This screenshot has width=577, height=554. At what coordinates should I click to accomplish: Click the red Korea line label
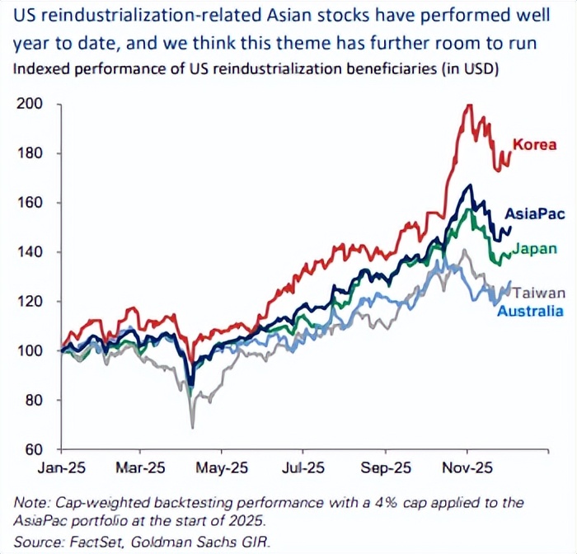click(534, 145)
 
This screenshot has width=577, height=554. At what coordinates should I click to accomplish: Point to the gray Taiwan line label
click(542, 293)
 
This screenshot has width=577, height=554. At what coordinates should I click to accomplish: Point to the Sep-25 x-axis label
click(385, 467)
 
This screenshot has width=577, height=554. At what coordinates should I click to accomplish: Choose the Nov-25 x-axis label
click(467, 467)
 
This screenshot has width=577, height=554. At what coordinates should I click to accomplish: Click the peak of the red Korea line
click(469, 105)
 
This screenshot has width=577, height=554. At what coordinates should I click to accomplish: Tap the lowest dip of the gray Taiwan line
click(193, 427)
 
